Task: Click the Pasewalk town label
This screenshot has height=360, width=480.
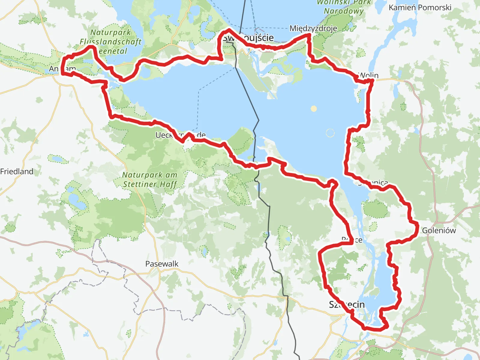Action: (162, 264)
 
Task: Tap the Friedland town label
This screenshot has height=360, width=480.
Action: (17, 172)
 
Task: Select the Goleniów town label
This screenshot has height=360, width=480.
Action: (439, 230)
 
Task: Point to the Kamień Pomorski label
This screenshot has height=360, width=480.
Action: (420, 7)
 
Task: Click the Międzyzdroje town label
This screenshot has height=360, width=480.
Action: (313, 28)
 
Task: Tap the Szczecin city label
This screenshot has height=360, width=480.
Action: (347, 304)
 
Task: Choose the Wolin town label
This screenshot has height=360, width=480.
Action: (369, 76)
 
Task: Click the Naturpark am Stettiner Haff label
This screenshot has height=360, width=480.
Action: (150, 179)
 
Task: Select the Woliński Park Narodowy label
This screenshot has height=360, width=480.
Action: (343, 7)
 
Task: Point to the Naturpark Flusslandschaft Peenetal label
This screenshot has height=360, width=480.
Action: (110, 42)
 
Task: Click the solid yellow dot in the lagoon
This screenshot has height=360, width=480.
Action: (313, 109)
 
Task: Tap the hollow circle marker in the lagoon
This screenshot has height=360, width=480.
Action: (330, 133)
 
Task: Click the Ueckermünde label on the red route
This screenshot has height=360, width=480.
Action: (180, 135)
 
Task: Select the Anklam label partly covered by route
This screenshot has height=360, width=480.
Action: (62, 69)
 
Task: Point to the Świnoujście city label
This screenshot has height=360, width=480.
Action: (248, 38)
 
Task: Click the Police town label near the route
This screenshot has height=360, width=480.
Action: (352, 240)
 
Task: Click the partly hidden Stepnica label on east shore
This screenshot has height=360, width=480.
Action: (373, 182)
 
